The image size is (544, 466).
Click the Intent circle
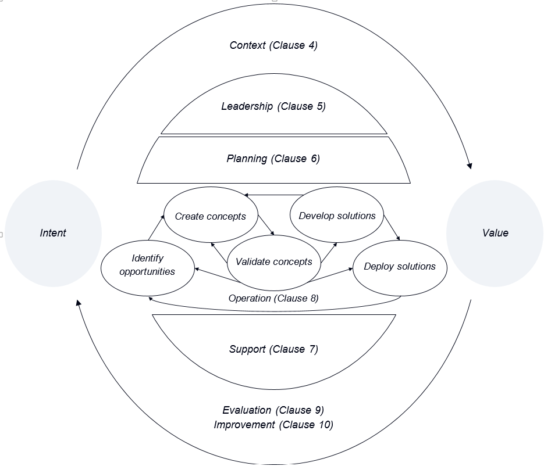[x=53, y=233]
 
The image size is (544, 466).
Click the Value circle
[x=495, y=233]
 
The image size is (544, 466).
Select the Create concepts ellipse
[x=210, y=216]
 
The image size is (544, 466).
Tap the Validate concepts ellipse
[x=273, y=261]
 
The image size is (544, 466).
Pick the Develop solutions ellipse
[x=337, y=216]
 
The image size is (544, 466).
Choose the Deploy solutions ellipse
[x=399, y=267]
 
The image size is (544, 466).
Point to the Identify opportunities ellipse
[x=147, y=265]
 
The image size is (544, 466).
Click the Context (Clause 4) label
[x=273, y=45]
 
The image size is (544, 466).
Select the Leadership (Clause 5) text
[x=273, y=106]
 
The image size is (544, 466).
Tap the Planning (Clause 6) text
[x=273, y=158]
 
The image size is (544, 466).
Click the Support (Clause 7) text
[x=273, y=349]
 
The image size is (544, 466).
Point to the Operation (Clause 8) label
[x=273, y=298]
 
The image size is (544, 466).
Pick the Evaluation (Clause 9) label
[x=273, y=410]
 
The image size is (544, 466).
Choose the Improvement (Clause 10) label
[x=273, y=425]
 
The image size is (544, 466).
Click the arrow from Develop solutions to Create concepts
[x=273, y=195]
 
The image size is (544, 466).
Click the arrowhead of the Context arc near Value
[x=469, y=166]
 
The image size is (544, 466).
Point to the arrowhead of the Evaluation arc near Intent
[x=79, y=303]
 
